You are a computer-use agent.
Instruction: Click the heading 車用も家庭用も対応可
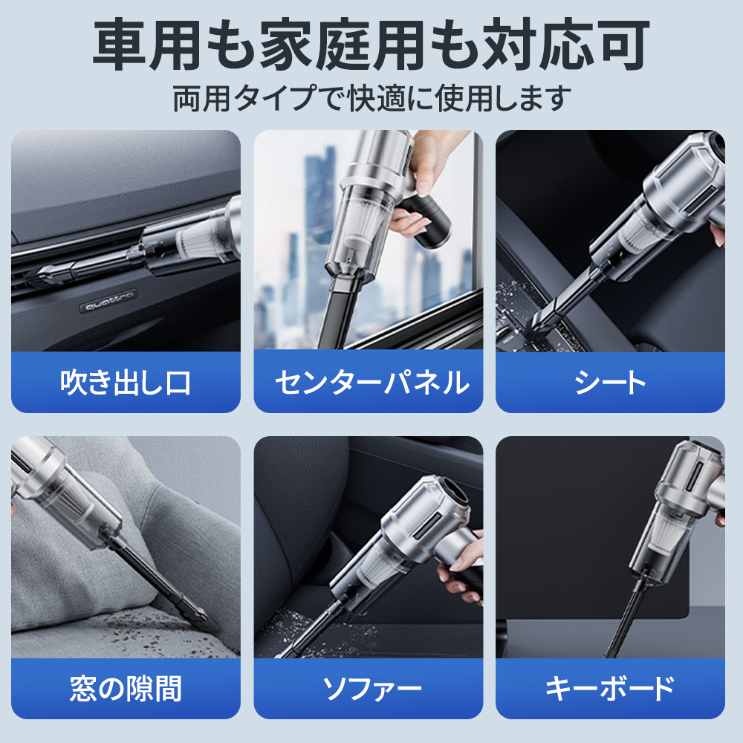click(x=371, y=45)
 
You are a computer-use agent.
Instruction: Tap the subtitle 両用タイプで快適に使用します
click(x=371, y=99)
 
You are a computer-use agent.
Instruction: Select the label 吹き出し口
click(x=126, y=383)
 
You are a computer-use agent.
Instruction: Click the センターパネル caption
click(x=372, y=383)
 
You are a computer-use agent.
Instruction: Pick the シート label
click(x=610, y=383)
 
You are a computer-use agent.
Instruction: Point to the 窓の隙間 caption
click(x=126, y=689)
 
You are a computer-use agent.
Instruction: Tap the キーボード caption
click(x=610, y=689)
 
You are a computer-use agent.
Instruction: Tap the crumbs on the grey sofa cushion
click(x=142, y=630)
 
